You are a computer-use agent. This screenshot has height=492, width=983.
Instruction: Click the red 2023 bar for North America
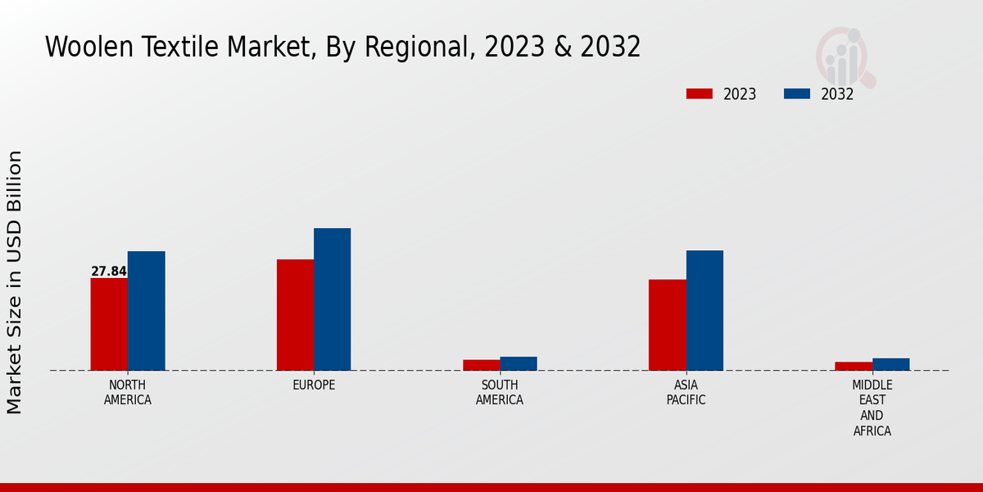[x=109, y=324]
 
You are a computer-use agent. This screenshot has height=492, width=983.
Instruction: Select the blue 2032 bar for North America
[x=146, y=311]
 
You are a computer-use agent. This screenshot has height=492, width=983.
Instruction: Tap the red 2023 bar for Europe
[x=295, y=315]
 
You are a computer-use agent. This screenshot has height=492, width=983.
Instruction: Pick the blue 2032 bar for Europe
[x=332, y=299]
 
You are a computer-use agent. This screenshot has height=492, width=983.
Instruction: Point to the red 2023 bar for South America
[x=481, y=365]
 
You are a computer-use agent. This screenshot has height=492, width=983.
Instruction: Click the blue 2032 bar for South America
[x=519, y=363]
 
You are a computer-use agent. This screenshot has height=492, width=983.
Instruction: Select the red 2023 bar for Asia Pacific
[x=667, y=325]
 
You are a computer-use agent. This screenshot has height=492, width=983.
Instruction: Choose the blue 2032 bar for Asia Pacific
[x=704, y=310]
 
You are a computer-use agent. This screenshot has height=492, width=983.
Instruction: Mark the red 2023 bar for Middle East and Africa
[x=854, y=366]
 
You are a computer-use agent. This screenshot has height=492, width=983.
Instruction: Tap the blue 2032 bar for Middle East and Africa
[x=890, y=364]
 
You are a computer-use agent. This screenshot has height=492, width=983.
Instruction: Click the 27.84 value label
[x=109, y=271]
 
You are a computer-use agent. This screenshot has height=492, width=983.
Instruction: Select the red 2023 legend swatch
[x=699, y=93]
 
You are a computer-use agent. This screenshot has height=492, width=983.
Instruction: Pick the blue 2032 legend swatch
[x=796, y=93]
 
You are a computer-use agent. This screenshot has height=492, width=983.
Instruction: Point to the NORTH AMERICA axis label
[x=128, y=393]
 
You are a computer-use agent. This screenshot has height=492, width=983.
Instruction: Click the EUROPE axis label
[x=314, y=385]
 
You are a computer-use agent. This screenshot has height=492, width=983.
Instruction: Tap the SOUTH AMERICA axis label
[x=500, y=393]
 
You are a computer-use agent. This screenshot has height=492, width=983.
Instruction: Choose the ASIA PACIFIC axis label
[x=686, y=393]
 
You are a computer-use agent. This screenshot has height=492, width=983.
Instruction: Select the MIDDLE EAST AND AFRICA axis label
[x=872, y=408]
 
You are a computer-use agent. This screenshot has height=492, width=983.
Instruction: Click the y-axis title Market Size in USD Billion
[x=15, y=281]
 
